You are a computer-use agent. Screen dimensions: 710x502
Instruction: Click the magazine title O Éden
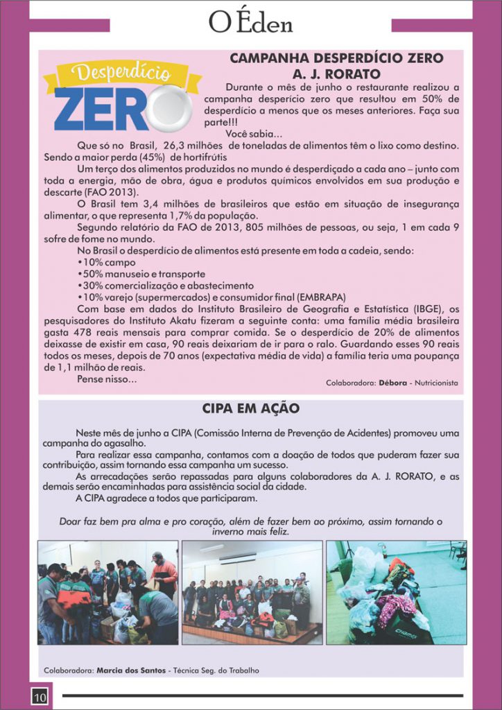tap(250, 23)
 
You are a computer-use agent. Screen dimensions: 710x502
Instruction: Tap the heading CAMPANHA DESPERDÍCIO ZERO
tap(336, 58)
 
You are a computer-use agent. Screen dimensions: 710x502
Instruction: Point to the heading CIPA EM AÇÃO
tap(250, 408)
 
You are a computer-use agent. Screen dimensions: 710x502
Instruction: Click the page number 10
tap(39, 695)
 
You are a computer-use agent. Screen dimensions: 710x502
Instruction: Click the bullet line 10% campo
tap(107, 263)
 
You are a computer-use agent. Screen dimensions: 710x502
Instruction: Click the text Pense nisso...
tap(107, 379)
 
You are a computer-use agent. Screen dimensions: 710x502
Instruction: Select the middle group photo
tap(252, 593)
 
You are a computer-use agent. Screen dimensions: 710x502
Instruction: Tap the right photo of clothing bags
tap(396, 593)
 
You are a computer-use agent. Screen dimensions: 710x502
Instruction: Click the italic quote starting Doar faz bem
tap(250, 526)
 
